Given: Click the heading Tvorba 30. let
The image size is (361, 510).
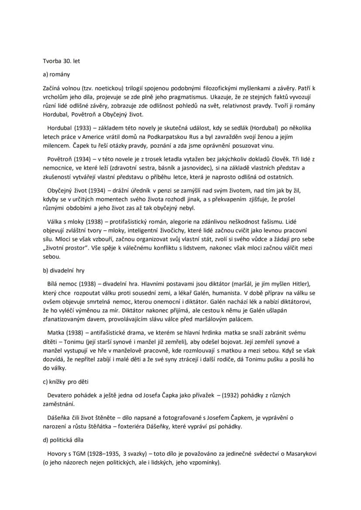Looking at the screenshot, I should tap(61, 61).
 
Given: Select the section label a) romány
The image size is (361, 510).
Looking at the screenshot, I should tap(57, 74).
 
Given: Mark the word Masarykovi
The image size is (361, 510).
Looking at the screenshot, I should tap(299, 454).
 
